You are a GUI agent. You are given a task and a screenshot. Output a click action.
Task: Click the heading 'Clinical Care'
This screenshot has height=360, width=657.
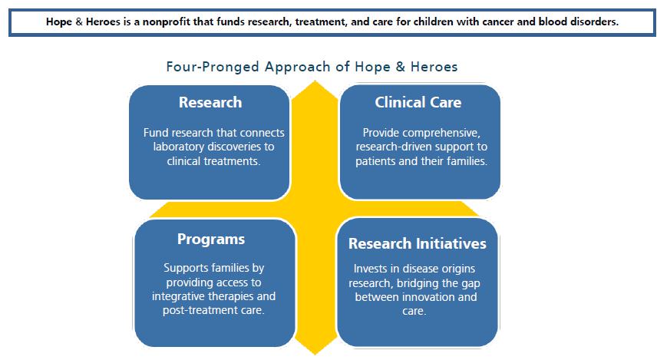pos(418,102)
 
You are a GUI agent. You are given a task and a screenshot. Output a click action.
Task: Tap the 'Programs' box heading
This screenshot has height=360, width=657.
pos(211,239)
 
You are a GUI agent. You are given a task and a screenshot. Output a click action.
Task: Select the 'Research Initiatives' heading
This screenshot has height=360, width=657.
pos(418,243)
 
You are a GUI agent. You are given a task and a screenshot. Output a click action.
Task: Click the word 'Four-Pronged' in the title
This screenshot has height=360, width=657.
pos(213,67)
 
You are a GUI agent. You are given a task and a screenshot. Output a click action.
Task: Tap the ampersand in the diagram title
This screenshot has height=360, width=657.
pos(400,67)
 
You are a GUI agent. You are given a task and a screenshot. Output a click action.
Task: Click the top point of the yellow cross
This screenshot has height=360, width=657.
pos(315,81)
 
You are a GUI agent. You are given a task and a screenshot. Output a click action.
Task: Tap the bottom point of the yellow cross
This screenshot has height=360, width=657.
pos(315,355)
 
